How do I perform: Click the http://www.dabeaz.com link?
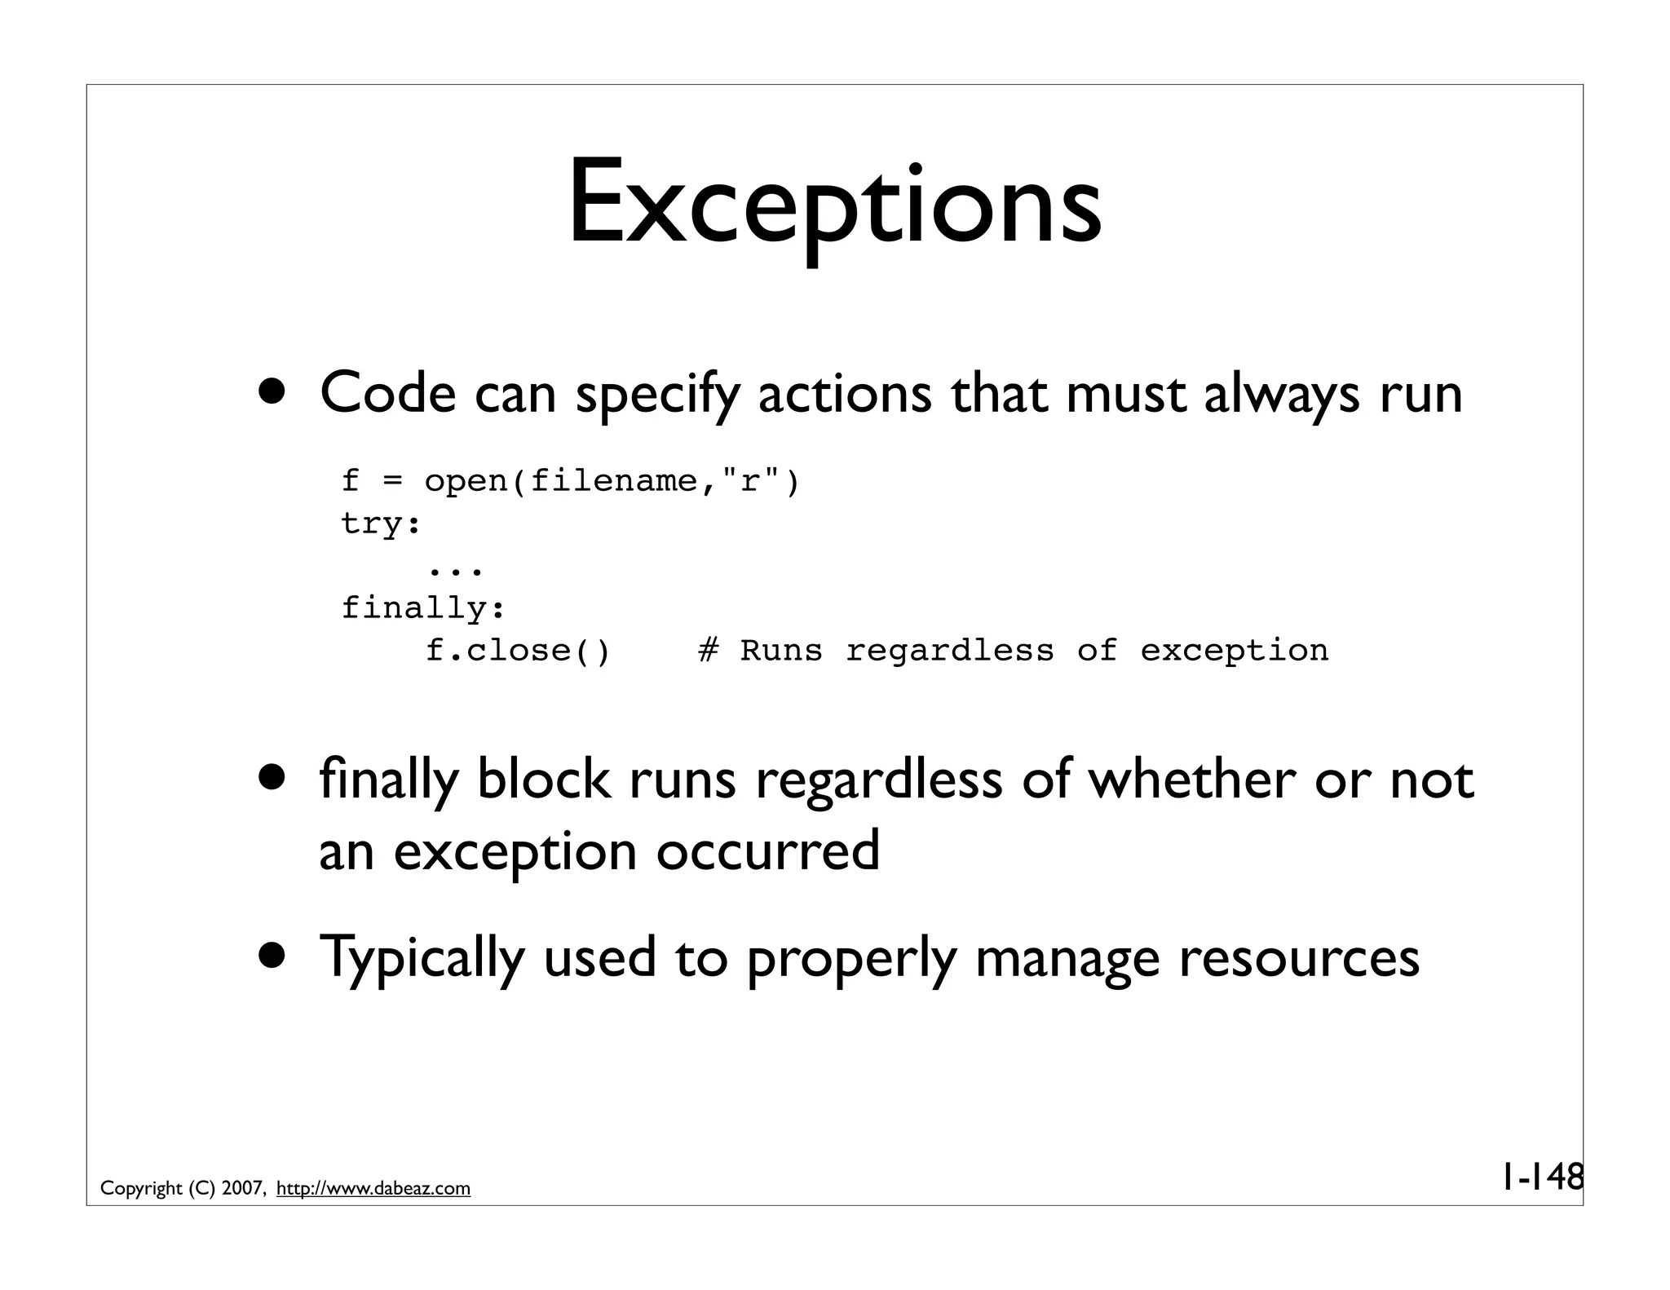373,1189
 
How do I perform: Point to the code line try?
381,524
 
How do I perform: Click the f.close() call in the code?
518,651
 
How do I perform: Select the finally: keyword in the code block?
423,608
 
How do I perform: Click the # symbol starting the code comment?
709,651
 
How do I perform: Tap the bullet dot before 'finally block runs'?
273,777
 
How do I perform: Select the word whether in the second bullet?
1191,780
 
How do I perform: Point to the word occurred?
767,851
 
